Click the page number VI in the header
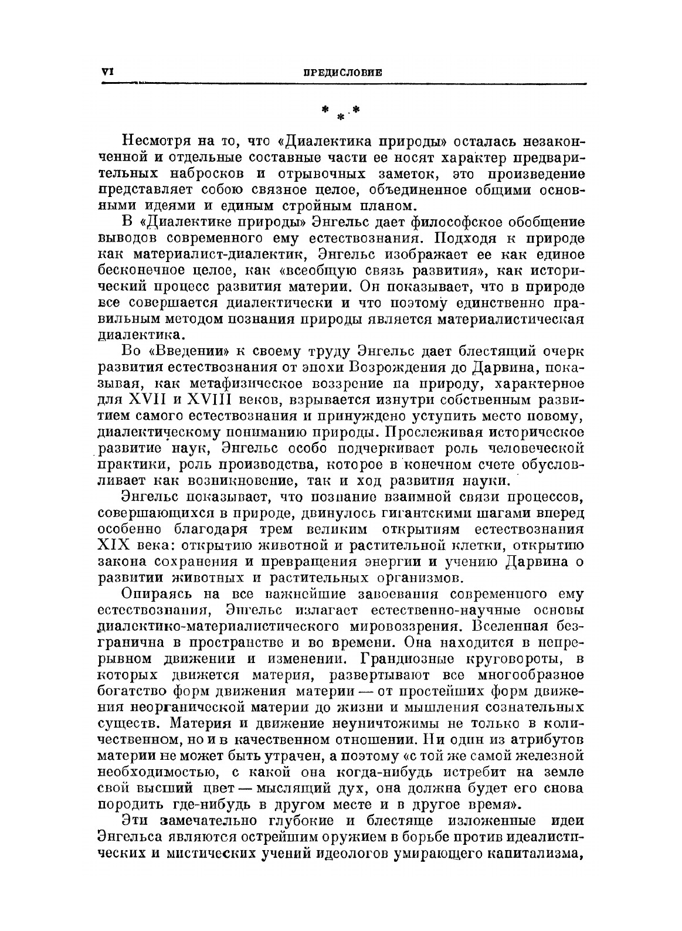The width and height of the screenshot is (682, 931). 107,72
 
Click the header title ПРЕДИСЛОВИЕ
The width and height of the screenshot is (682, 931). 342,73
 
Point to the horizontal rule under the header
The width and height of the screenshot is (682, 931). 344,84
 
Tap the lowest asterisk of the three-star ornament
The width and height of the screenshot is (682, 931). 339,117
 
